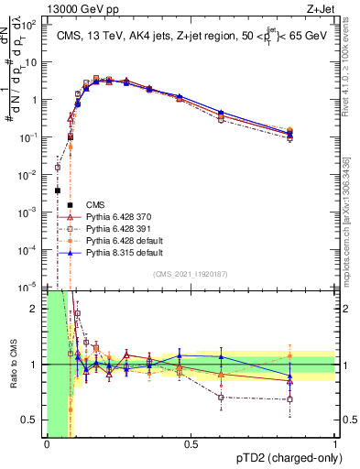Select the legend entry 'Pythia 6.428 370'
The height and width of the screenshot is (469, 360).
click(117, 216)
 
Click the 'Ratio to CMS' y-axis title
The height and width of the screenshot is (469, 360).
click(12, 364)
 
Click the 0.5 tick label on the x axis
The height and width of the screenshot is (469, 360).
click(191, 444)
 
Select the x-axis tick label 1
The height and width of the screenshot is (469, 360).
click(335, 444)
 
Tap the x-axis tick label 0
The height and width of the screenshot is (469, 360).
click(47, 444)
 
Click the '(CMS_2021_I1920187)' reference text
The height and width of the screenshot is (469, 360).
click(191, 274)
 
